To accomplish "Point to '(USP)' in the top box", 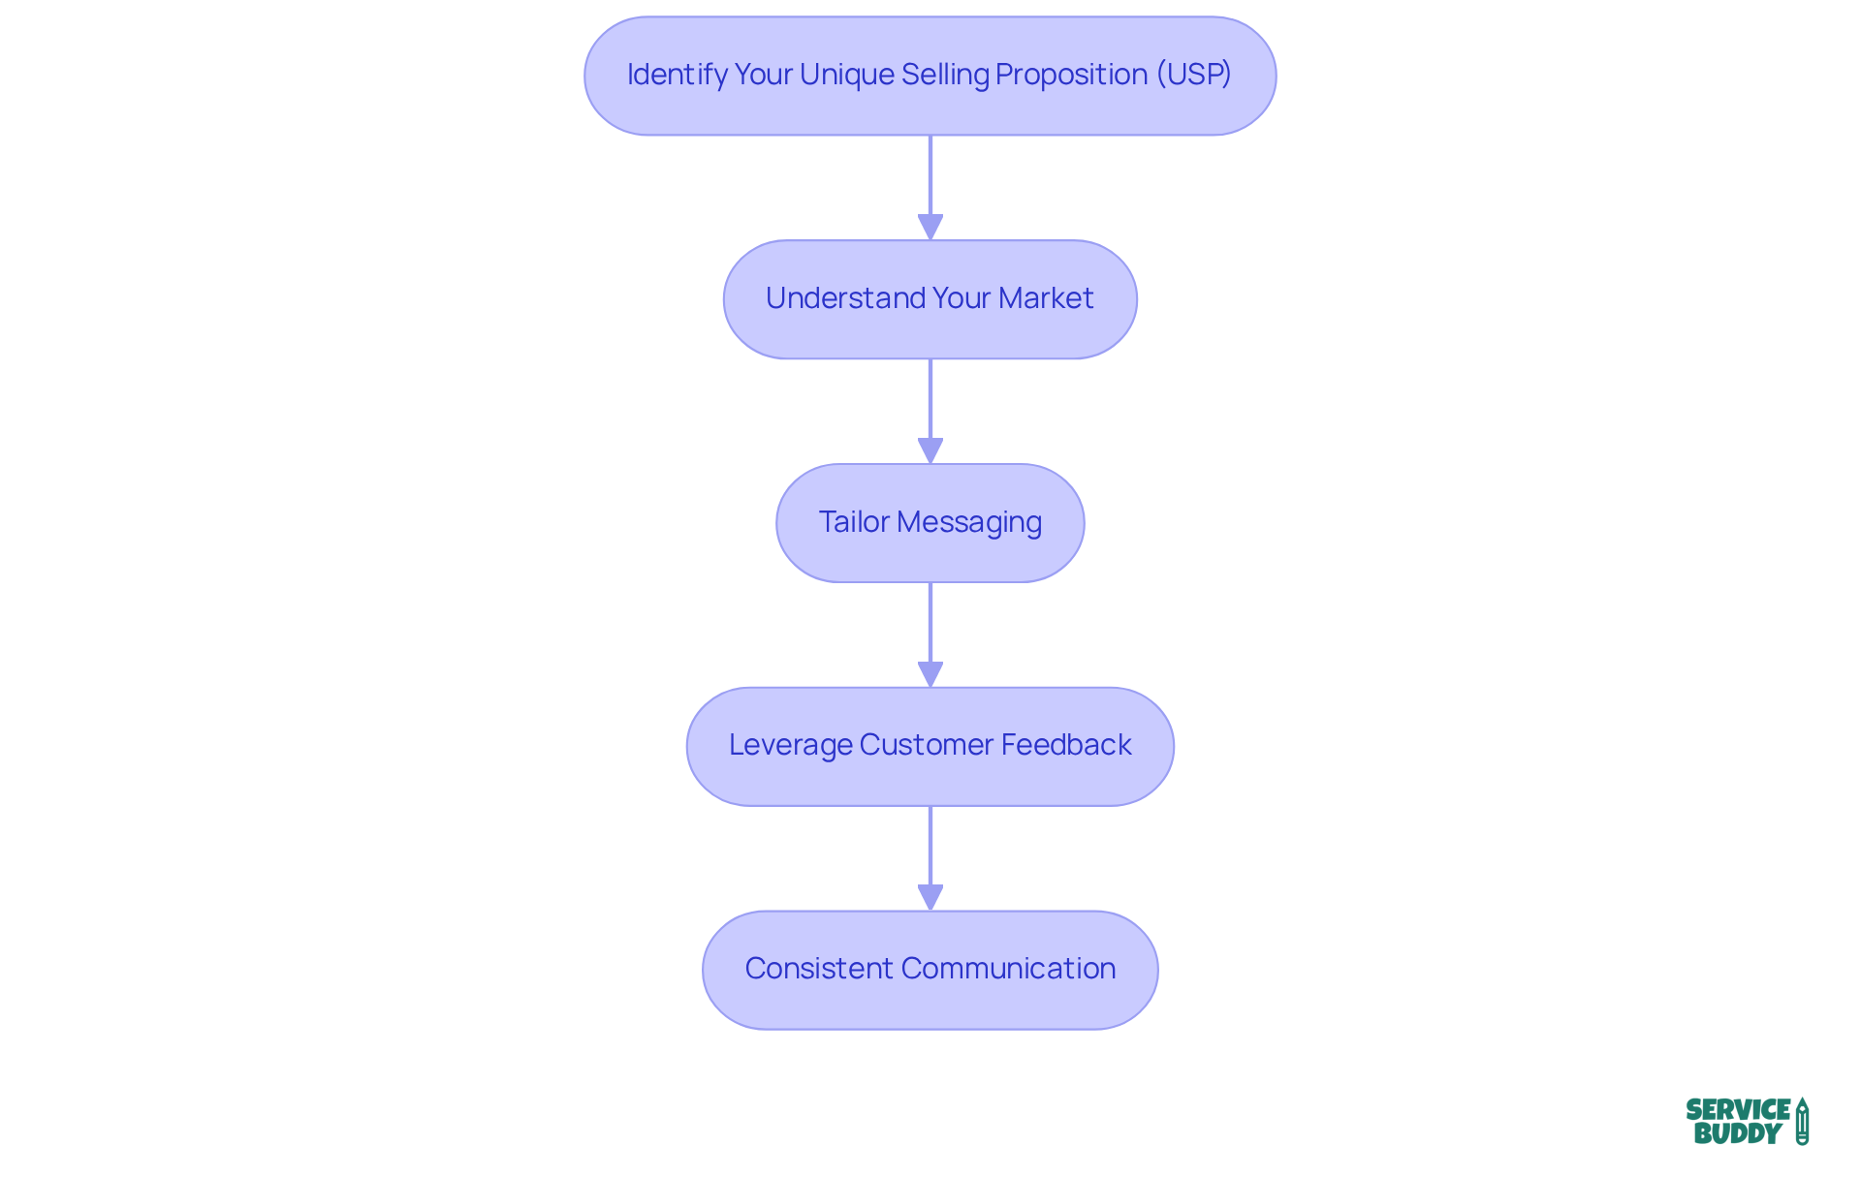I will [1193, 75].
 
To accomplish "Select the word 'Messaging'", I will [969, 522].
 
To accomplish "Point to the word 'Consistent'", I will [818, 969].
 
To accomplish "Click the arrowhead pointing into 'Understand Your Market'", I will [930, 227].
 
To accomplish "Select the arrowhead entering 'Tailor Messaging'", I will [930, 450].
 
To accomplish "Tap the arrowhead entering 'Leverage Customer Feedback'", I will [930, 674].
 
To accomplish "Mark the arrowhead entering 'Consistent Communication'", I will [930, 897].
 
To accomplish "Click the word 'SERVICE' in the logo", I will [1738, 1110].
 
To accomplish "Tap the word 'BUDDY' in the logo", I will [1737, 1134].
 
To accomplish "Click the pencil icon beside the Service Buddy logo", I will [1802, 1122].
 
